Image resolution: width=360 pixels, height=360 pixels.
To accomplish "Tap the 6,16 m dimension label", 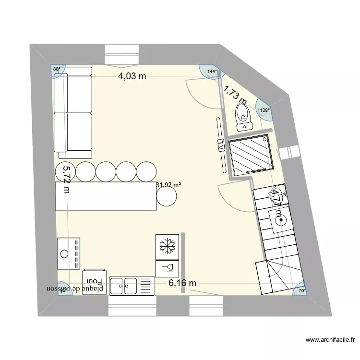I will point(182,283).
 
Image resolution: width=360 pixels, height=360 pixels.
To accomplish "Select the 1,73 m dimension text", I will point(235,95).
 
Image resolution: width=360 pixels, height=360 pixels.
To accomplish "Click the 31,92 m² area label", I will point(168,184).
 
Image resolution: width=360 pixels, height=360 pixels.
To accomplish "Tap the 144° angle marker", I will point(212,72).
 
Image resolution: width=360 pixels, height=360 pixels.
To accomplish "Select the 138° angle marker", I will point(264,110).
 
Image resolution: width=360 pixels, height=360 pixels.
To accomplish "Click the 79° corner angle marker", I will point(302,290).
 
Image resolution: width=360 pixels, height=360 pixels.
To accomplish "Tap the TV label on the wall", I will point(221,147).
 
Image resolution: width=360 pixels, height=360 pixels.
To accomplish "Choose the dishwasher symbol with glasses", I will point(167,267).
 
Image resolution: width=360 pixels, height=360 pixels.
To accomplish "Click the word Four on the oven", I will point(92,280).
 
